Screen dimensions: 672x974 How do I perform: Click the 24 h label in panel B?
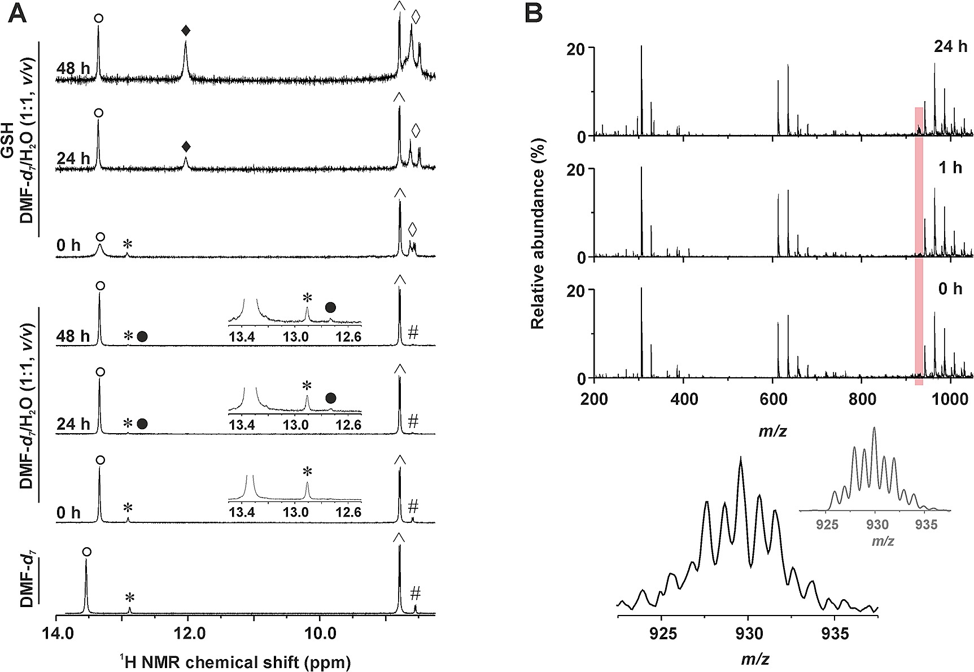(950, 47)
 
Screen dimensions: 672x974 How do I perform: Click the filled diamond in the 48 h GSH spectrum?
(186, 31)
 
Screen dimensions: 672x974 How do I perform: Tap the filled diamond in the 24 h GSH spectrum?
(186, 147)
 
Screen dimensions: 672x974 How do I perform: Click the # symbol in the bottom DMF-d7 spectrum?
(416, 593)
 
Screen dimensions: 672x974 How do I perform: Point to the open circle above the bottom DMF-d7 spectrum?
(86, 552)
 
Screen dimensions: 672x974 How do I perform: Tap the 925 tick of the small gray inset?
(827, 525)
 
